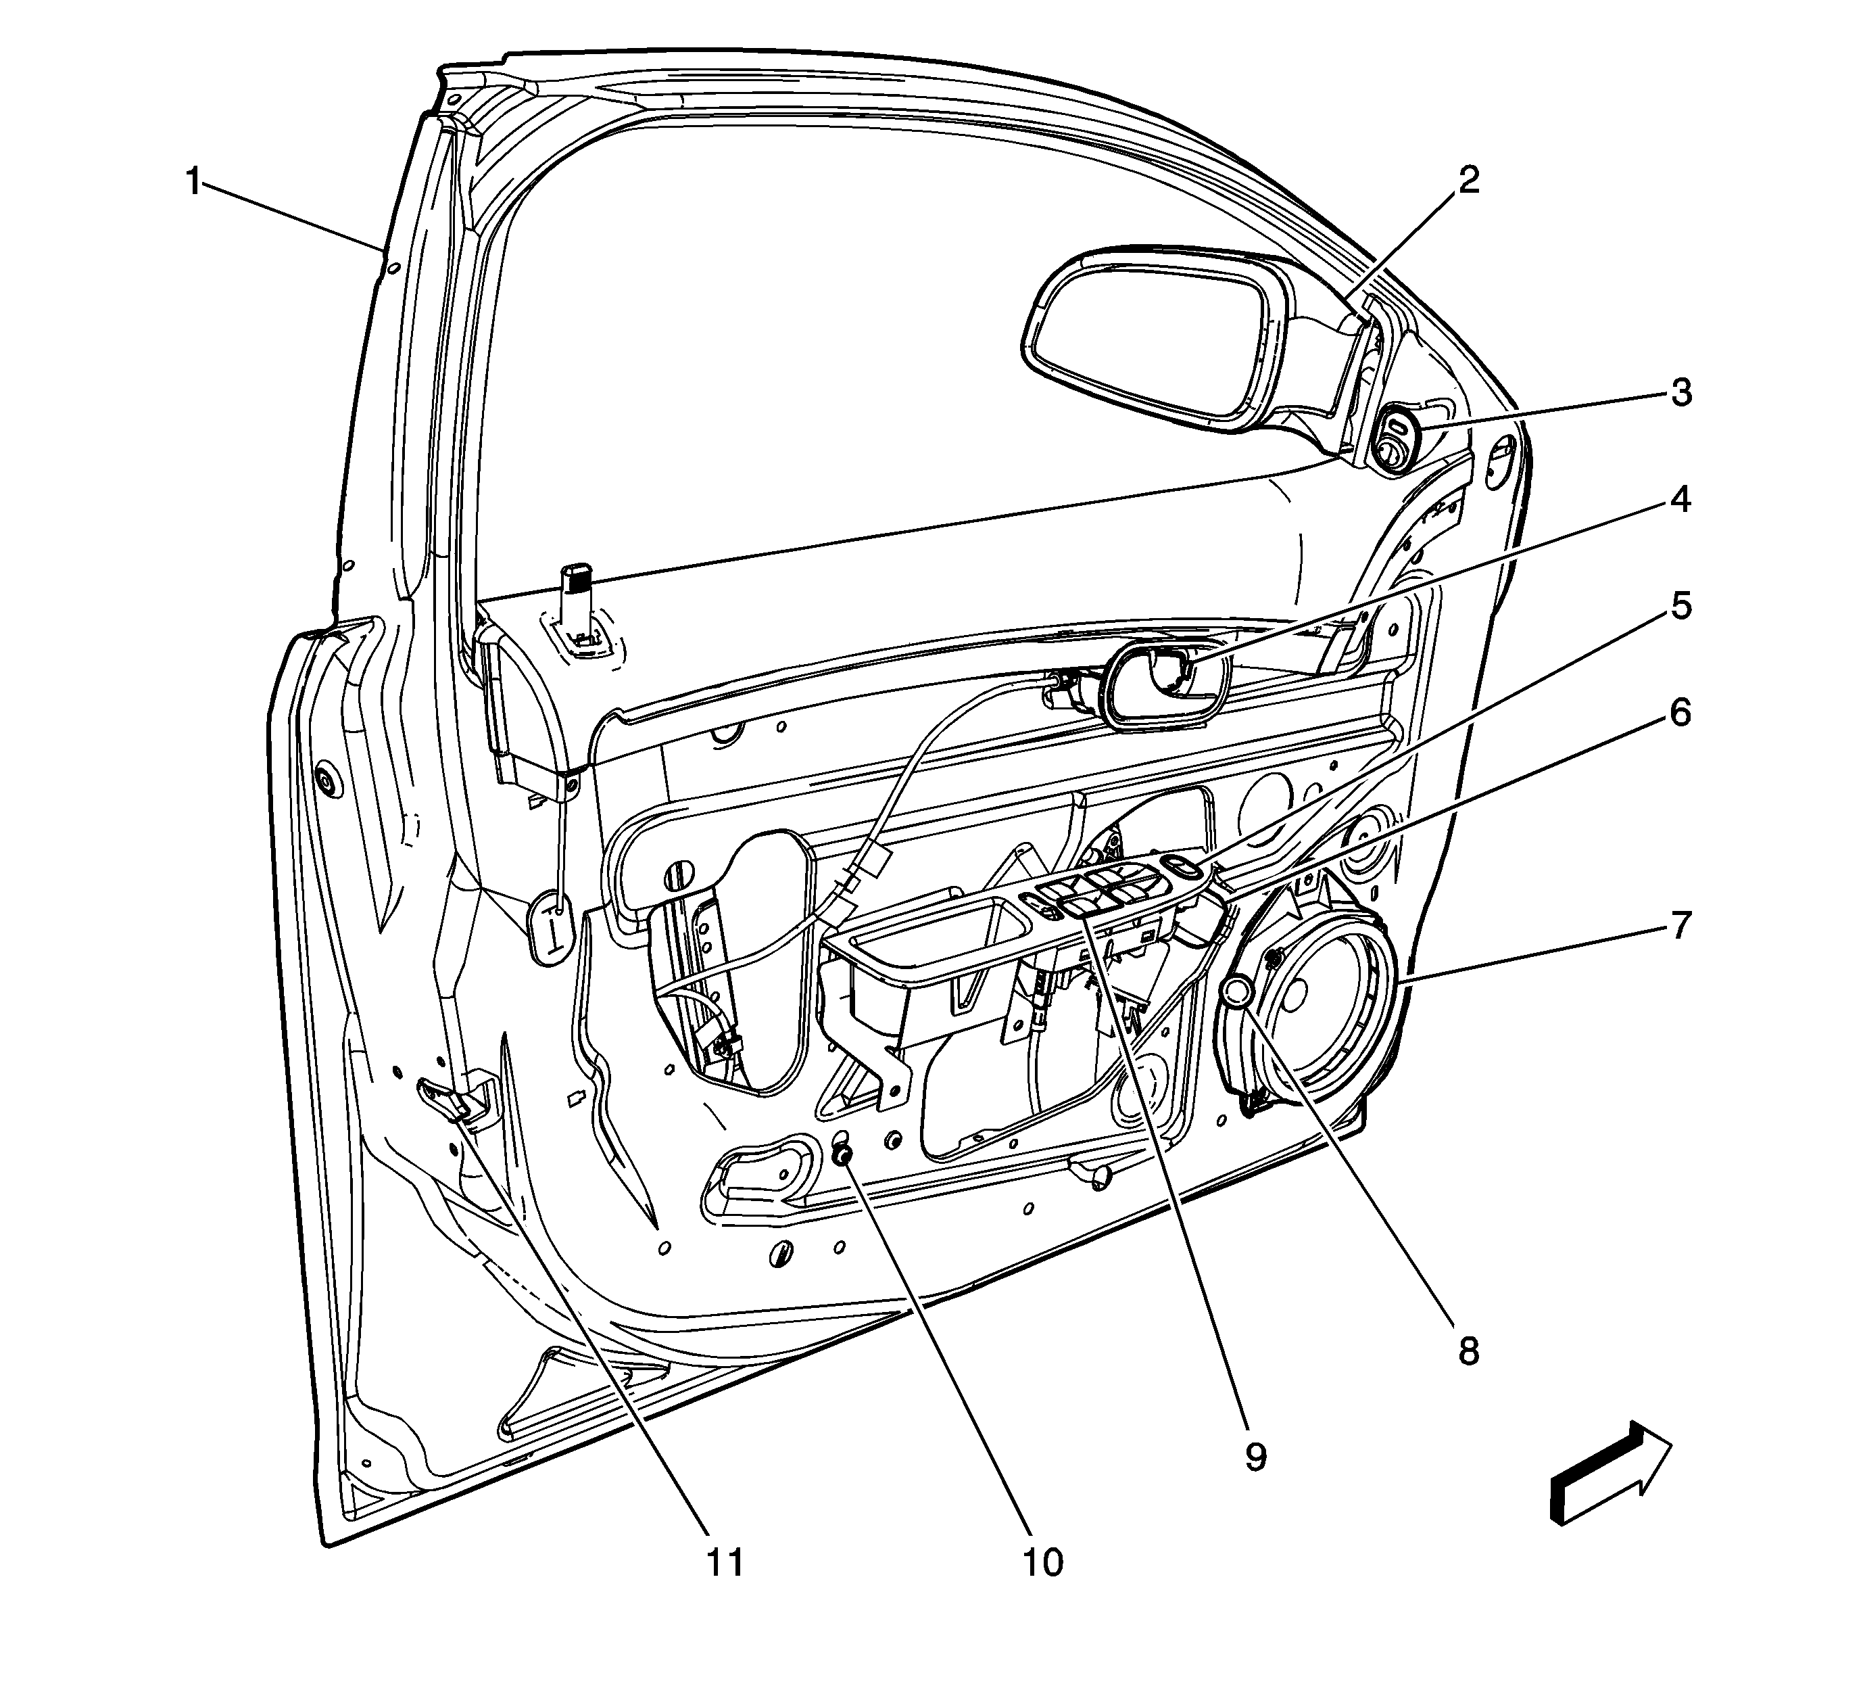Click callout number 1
[193, 181]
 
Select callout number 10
[1042, 1563]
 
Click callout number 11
[725, 1563]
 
